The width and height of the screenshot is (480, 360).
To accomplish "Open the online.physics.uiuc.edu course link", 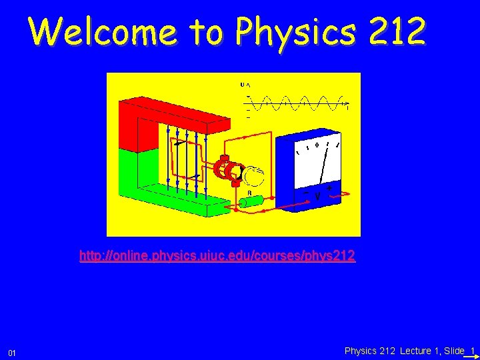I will (x=217, y=255).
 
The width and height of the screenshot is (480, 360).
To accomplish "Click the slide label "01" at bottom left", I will (x=12, y=351).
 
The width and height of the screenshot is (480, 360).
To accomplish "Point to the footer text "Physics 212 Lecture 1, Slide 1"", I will (x=409, y=351).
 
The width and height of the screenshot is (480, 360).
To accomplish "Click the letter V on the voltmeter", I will (x=318, y=197).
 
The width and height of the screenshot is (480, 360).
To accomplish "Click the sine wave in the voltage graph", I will (x=297, y=103).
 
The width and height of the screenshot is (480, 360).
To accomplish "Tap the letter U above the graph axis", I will (x=242, y=85).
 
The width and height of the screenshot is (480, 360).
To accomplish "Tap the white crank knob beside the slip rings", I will (x=253, y=177).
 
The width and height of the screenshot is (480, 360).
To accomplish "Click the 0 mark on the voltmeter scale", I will (x=317, y=143).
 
